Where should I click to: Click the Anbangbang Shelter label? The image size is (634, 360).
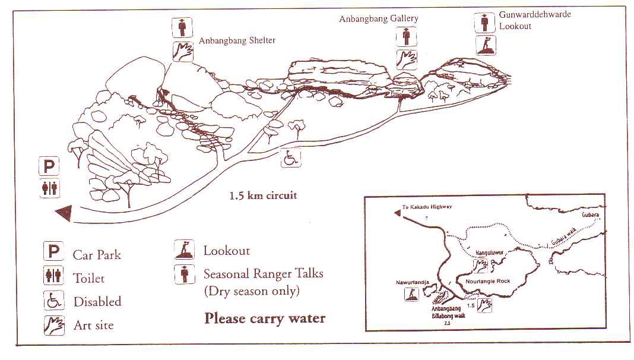tap(237, 40)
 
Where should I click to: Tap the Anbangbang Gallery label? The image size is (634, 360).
tap(378, 18)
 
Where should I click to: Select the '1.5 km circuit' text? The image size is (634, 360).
tap(263, 195)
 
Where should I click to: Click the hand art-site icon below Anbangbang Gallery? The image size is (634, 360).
tap(407, 59)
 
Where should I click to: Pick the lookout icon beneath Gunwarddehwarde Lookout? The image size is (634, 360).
tap(486, 45)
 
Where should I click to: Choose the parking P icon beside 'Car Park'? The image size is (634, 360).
tap(53, 252)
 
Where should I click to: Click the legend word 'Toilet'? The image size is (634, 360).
tap(88, 278)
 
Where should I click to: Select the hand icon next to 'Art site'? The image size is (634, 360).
tap(53, 324)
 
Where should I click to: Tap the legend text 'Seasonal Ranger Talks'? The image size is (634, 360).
tap(263, 274)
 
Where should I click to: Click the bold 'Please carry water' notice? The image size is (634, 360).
tap(265, 318)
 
